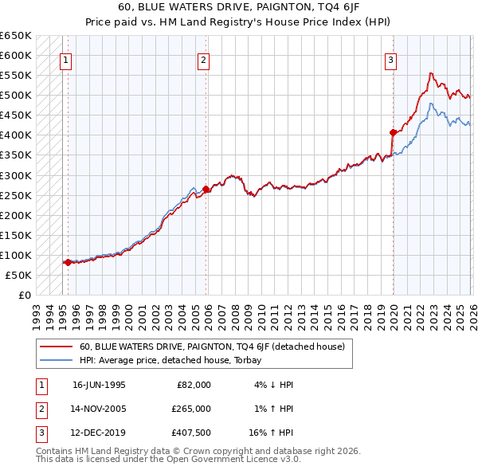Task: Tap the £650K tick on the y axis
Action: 16,36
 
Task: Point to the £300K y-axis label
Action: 16,175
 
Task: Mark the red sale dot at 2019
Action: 393,132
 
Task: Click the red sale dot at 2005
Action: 206,190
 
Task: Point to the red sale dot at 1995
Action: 69,262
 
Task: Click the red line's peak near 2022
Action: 430,73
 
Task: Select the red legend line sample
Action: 56,347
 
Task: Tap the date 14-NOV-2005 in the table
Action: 99,409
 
